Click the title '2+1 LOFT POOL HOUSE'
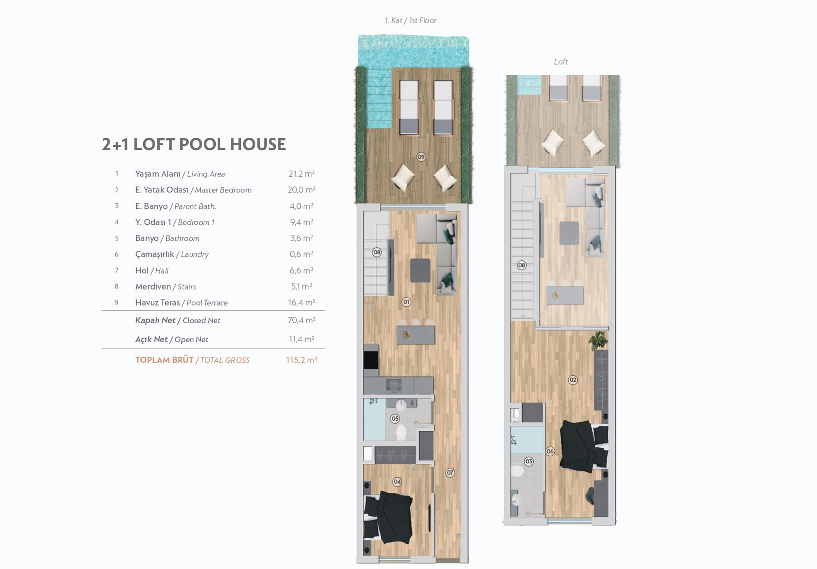194,144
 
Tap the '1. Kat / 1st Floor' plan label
411,21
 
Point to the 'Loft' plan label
561,62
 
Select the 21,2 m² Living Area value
302,174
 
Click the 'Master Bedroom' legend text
223,190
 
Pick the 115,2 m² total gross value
302,360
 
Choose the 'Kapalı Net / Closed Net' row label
178,321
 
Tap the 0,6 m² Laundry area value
302,254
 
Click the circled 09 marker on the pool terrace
422,157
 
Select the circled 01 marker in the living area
406,302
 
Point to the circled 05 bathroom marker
395,419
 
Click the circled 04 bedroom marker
397,482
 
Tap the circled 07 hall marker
450,473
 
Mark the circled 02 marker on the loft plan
573,380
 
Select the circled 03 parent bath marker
529,461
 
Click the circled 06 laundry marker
550,451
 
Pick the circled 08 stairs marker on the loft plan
522,265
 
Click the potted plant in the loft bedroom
598,340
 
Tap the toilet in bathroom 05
401,432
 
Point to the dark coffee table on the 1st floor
420,270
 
